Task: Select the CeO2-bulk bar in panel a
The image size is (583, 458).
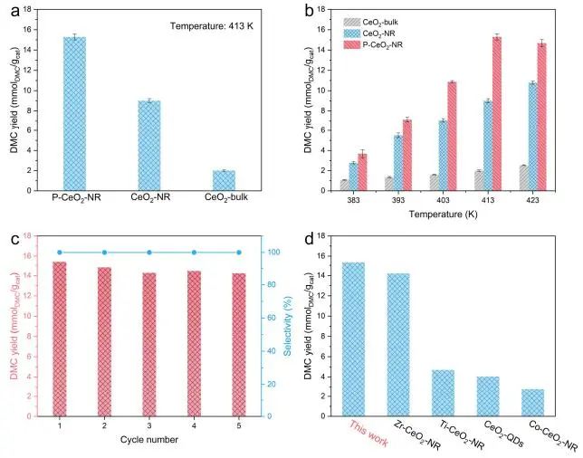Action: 224,180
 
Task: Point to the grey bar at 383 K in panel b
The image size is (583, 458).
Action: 344,186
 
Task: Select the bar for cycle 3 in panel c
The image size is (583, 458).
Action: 148,345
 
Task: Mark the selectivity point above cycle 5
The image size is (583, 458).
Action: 238,253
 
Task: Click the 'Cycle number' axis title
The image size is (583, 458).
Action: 148,440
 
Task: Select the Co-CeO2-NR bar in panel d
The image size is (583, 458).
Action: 533,403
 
